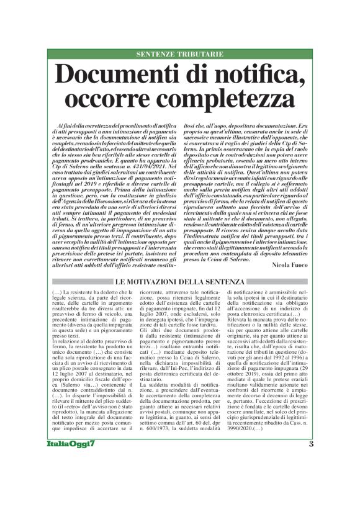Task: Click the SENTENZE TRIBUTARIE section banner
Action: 180,55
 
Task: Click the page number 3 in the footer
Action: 311,478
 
